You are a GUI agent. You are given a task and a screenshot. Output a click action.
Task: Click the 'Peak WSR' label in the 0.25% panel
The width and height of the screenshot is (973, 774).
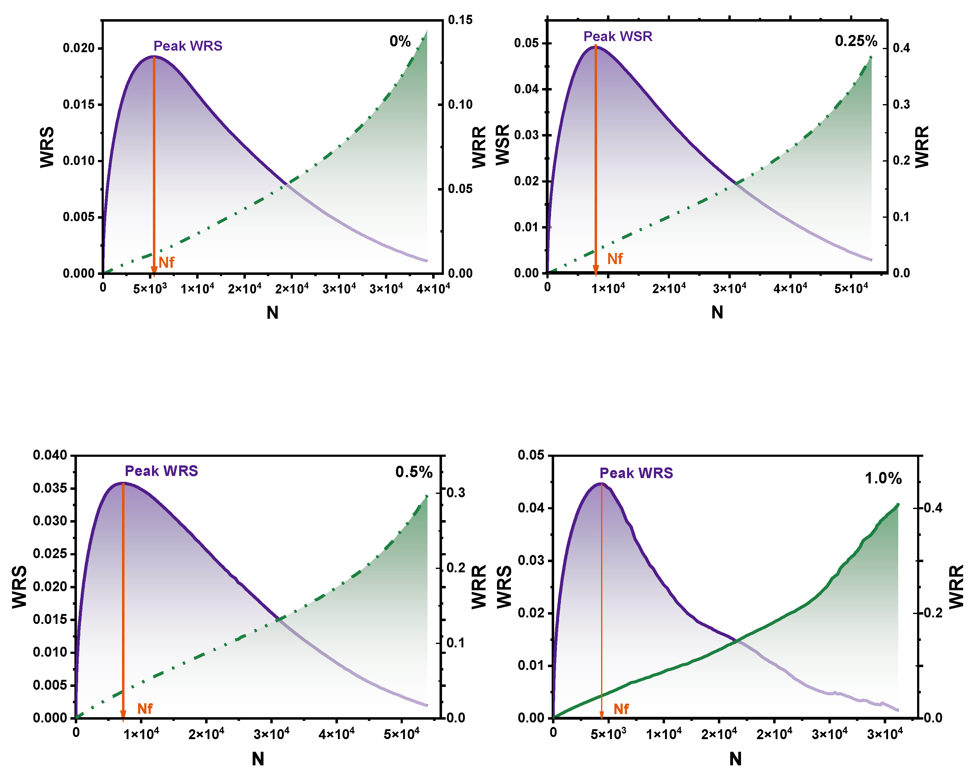coord(618,36)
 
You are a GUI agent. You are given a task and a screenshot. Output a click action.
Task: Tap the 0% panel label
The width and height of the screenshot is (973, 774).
coord(400,41)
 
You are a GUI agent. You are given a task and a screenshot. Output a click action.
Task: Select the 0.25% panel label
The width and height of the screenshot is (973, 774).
coord(856,41)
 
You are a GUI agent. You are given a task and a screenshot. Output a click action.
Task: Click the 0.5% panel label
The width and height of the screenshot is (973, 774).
coord(414,472)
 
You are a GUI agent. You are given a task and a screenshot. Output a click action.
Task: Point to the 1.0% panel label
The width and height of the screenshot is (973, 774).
coord(883,478)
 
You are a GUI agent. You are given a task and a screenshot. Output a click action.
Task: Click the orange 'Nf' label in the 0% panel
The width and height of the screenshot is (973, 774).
coord(166,262)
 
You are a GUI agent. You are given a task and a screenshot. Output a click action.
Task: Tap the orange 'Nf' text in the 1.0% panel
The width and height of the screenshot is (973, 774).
coord(621,709)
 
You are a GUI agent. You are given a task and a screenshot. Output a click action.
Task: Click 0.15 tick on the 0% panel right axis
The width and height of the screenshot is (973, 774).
coord(460,20)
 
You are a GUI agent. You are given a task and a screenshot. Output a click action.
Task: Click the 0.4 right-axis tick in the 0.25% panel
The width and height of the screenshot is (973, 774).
coord(901,48)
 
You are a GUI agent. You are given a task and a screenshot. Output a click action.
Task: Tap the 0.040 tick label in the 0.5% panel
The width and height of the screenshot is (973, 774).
coord(50,455)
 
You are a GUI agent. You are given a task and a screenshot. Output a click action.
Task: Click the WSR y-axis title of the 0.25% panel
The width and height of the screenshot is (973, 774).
coord(502,145)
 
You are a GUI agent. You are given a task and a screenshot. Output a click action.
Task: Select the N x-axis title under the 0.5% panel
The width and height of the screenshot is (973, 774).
coord(258,759)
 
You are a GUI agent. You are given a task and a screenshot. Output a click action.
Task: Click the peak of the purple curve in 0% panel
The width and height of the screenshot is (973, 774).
coord(154,57)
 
